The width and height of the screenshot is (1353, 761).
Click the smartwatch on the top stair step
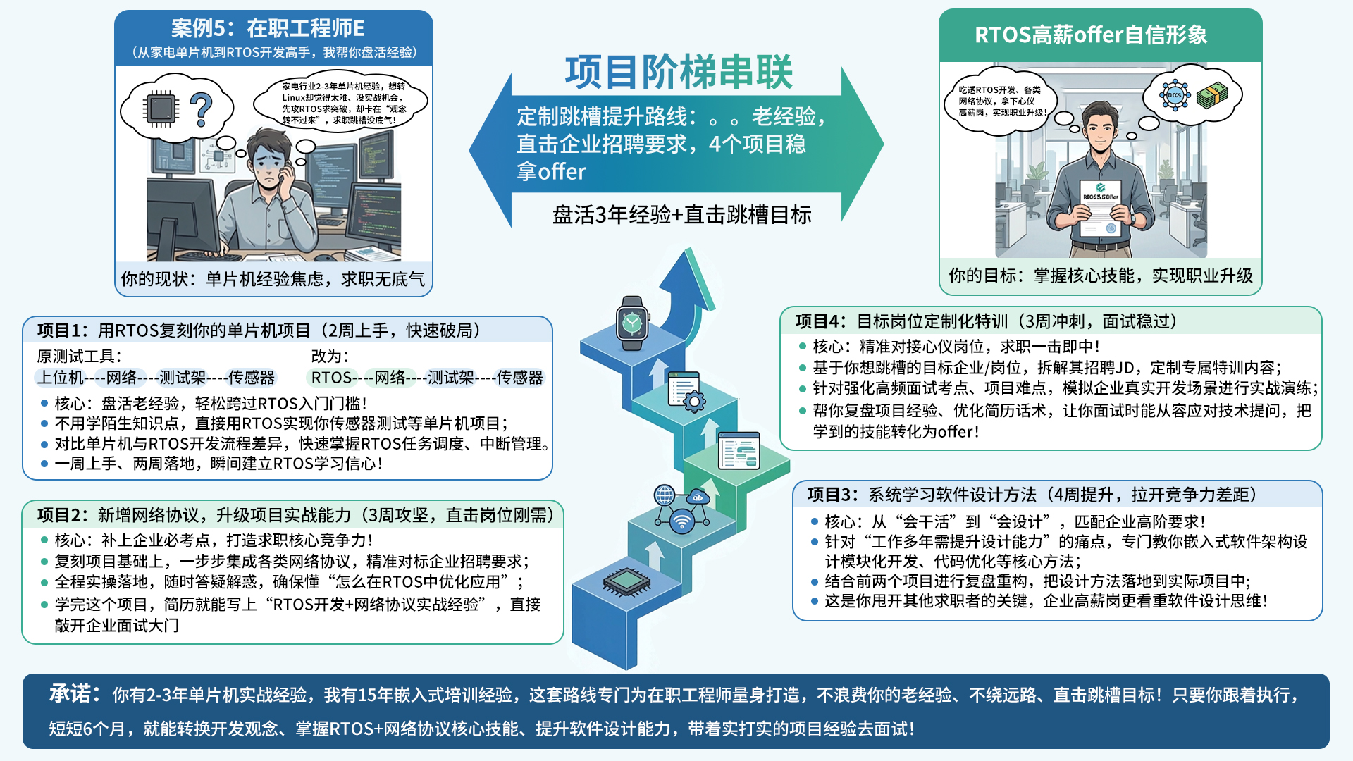tap(632, 323)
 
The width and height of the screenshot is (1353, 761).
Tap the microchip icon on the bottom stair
tap(626, 581)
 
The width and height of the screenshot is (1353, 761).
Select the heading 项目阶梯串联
tap(679, 72)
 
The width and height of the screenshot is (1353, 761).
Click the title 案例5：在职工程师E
tap(268, 28)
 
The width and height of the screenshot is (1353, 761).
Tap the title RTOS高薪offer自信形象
tap(1091, 35)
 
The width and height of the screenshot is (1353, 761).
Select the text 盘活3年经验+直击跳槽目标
tap(681, 215)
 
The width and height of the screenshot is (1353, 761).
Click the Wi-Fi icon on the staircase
tap(681, 522)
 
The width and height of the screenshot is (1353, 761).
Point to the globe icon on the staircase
tap(665, 495)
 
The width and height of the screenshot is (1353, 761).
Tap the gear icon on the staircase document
tap(694, 402)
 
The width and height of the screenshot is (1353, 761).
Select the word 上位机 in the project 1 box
tap(61, 378)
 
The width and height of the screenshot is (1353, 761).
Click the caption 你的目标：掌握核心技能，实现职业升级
tap(1101, 276)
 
